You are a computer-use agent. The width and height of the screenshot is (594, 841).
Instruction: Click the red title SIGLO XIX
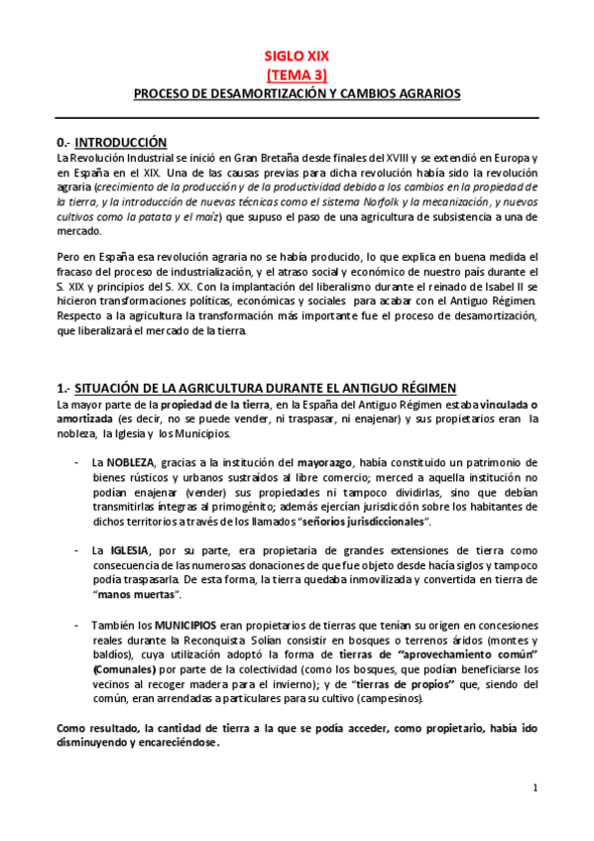click(x=297, y=58)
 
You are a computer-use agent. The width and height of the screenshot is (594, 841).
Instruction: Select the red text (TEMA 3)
click(x=297, y=75)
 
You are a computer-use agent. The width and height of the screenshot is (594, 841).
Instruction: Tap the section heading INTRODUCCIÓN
click(x=121, y=142)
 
